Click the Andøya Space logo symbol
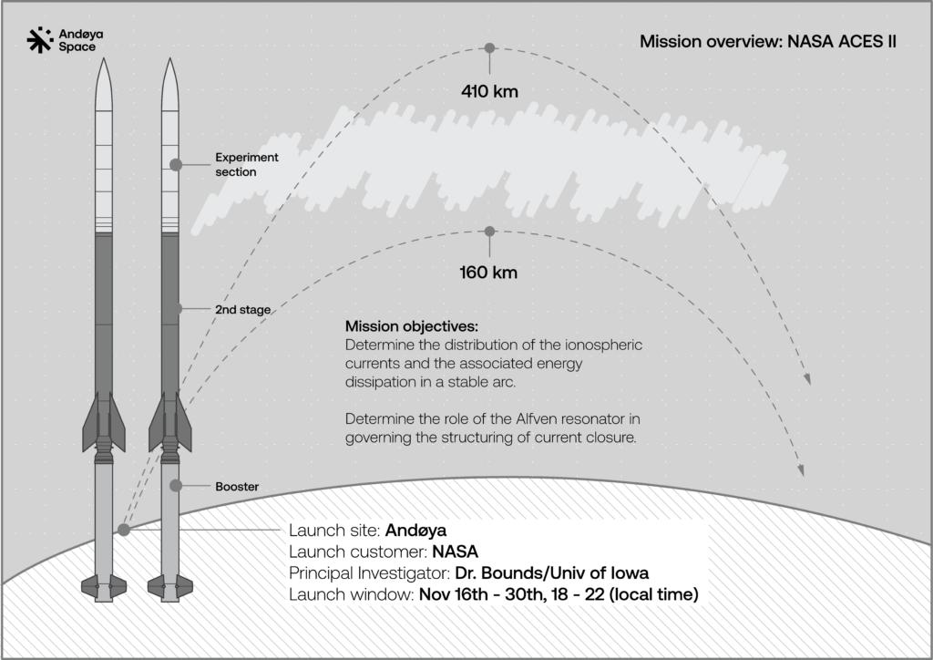coord(40,40)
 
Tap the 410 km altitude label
coord(489,92)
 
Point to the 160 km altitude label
coord(488,273)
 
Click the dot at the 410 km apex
coord(489,48)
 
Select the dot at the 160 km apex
coord(489,232)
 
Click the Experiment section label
coord(247,164)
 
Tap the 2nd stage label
coord(242,309)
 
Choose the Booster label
coord(237,486)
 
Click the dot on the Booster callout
coord(176,486)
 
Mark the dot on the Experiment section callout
coord(176,165)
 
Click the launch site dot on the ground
coord(124,530)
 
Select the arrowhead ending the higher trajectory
coord(807,379)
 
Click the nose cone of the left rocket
coord(104,84)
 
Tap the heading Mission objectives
coord(412,326)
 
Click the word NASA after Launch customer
coord(456,552)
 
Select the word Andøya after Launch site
coord(415,531)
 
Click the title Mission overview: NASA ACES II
coord(768,41)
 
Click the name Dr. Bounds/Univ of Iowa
coord(551,573)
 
